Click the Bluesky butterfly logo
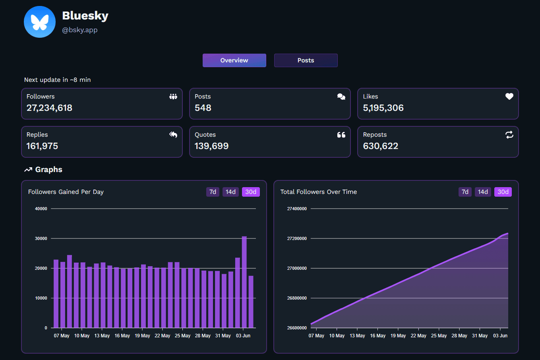point(40,22)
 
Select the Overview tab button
point(234,60)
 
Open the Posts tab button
point(306,60)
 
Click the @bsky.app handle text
point(80,30)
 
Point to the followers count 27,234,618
point(49,108)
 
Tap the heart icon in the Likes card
point(509,96)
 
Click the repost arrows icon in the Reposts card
point(509,135)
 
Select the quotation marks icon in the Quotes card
point(341,135)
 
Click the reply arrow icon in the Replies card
point(173,135)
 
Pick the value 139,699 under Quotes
point(211,146)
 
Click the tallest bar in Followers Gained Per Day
point(244,282)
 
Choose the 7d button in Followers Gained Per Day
point(213,192)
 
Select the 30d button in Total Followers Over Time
point(503,192)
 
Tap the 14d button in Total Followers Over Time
point(483,192)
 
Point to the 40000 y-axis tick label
point(41,209)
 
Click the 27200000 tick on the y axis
point(297,238)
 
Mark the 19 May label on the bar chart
point(142,336)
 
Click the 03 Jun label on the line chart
point(500,336)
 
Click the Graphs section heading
point(48,170)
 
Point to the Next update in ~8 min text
point(57,80)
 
